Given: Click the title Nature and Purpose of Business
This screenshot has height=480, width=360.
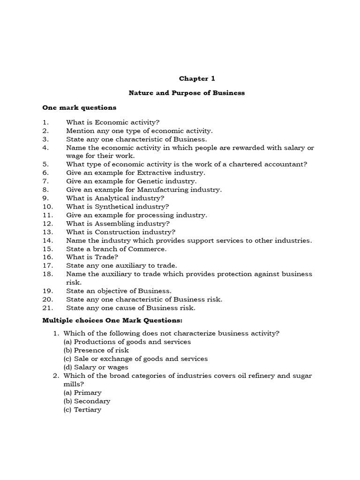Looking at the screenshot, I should tap(187, 93).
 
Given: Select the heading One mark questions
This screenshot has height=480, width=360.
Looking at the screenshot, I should tap(79, 107).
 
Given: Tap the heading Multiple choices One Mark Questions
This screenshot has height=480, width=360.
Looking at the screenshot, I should tap(112, 320).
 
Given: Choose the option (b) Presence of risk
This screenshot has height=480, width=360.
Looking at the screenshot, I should tap(96, 350).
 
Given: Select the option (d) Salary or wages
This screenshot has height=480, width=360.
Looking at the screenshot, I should tap(96, 367).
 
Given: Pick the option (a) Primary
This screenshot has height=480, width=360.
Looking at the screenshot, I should tap(82, 392).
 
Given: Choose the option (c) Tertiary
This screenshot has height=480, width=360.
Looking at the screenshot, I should tap(82, 409).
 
